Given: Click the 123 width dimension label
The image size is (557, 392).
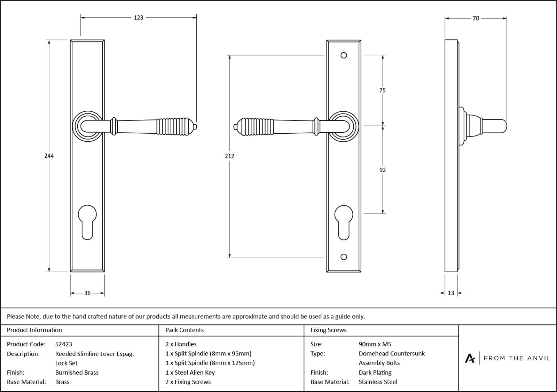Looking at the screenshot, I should click(x=139, y=17).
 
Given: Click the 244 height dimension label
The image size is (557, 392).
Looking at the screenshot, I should click(x=49, y=156).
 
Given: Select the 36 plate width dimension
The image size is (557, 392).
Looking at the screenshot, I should click(x=87, y=293).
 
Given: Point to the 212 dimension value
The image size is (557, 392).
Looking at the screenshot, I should click(x=229, y=156).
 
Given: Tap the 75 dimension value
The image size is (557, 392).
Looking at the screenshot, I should click(x=382, y=91).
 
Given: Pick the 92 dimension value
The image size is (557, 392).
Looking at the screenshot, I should click(x=382, y=170).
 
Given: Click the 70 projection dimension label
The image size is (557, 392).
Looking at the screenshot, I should click(x=476, y=18).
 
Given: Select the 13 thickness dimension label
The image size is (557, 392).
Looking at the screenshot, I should click(x=451, y=293).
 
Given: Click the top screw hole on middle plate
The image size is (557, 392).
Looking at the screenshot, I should click(x=344, y=55).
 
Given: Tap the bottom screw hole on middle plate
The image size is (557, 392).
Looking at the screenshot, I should click(x=344, y=257).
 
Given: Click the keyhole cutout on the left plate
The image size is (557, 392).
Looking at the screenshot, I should click(x=87, y=221).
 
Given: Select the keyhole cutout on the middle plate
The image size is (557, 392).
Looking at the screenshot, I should click(x=344, y=221).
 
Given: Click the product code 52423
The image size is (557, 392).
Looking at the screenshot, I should click(x=64, y=344).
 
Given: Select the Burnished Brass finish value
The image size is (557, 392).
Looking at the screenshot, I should click(x=77, y=372).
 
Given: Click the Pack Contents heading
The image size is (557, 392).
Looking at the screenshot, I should click(x=185, y=330).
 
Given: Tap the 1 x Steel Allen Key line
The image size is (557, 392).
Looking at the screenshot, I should click(x=190, y=372).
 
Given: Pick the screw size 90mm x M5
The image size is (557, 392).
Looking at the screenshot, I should click(x=375, y=344).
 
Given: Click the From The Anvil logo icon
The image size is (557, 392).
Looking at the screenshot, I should click(x=470, y=358).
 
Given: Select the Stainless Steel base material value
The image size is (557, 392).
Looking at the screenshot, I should click(x=378, y=382).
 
